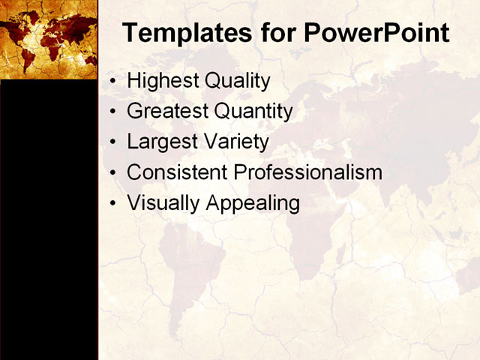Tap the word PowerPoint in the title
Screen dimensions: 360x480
click(376, 34)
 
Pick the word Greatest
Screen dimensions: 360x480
click(168, 112)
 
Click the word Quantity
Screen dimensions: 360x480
click(253, 112)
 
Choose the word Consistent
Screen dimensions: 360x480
click(178, 172)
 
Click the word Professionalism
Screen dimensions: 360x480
click(308, 172)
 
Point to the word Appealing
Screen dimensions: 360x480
click(251, 203)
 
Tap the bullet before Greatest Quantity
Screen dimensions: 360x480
click(112, 112)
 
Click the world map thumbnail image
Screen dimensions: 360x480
click(49, 39)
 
